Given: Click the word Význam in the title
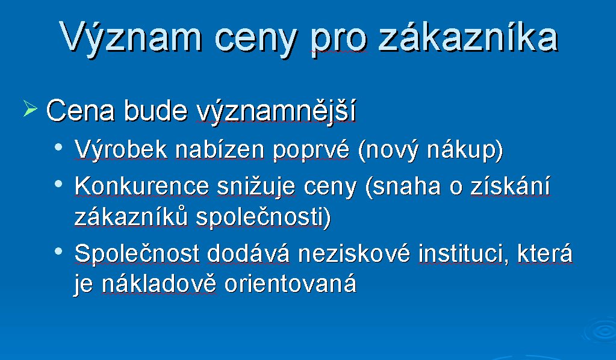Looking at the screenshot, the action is (131, 37).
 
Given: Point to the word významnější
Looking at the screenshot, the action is (276, 111).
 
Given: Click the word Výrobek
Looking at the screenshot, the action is (121, 149).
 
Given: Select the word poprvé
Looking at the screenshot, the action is (311, 149).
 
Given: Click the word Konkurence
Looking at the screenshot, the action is (142, 185).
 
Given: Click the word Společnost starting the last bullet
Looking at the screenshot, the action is (137, 253).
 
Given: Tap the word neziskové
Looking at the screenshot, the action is (354, 253).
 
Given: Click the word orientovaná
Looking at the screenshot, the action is (290, 284).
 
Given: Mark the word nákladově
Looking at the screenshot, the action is (159, 284).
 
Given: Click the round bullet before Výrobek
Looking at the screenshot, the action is (58, 147).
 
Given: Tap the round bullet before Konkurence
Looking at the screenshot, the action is (58, 184).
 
